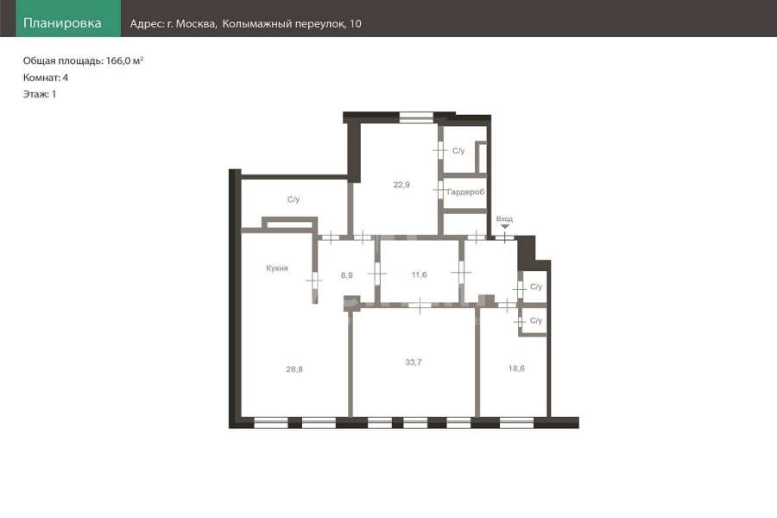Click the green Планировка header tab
pos(68,18)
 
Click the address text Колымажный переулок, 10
pos(292,24)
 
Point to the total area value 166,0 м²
pos(125,60)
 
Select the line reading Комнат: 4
pos(46,78)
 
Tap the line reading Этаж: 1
pos(40,94)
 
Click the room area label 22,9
pos(401,185)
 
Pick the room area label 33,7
pos(414,363)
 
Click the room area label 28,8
pos(294,370)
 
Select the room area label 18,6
pos(516,369)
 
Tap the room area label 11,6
pos(419,275)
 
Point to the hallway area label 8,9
pos(347,275)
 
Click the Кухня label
pos(277,268)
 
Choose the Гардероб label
pos(465,192)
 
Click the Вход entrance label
pos(504,218)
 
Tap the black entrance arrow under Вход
pos(504,226)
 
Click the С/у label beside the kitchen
pos(294,199)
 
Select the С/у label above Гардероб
pos(458,151)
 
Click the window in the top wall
pos(416,117)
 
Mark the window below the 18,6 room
pos(516,423)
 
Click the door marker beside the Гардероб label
pos(440,190)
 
